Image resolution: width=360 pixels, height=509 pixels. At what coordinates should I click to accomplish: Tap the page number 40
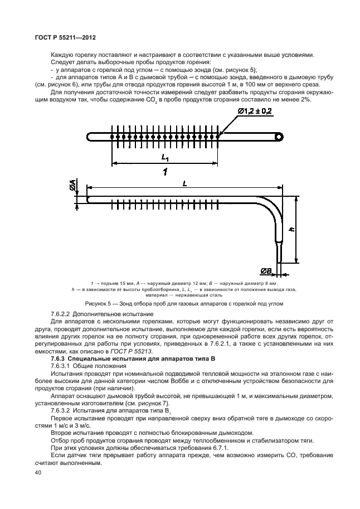38,473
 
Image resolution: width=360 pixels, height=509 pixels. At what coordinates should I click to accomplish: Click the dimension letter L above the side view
184,184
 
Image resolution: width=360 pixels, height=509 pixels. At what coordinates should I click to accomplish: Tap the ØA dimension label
73,187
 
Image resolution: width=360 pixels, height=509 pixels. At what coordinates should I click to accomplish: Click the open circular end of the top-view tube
278,135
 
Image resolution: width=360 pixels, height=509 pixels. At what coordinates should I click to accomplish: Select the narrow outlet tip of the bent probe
279,250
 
